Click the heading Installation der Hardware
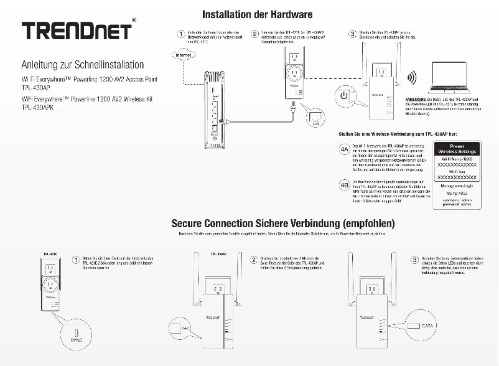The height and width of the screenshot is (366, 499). pos(258,13)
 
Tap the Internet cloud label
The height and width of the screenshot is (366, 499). pos(183,55)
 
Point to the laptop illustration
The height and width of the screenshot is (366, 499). pos(449,80)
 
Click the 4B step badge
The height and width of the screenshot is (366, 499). pos(343,185)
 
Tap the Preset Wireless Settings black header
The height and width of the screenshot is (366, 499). pos(457,148)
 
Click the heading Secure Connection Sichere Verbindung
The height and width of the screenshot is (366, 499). pos(283,223)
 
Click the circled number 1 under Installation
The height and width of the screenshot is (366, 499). pos(180,34)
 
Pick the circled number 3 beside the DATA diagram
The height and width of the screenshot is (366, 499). pos(415,259)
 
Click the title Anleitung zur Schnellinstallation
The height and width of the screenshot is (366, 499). pos(82,65)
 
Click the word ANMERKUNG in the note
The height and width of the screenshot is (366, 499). pos(417,100)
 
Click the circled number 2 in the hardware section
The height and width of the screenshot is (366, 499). pos(254,34)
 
